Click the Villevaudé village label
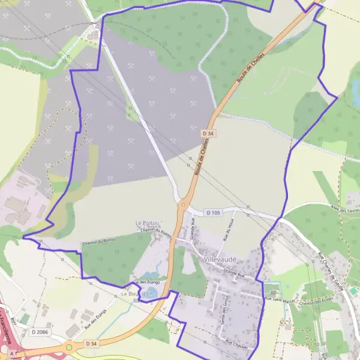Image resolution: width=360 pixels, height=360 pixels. click(x=220, y=259)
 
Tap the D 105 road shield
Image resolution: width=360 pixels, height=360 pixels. click(x=213, y=212)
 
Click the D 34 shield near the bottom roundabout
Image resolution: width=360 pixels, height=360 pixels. click(x=91, y=343)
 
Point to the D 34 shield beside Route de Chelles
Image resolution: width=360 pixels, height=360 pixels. click(x=208, y=133)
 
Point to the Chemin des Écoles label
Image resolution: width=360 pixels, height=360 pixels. click(x=311, y=303)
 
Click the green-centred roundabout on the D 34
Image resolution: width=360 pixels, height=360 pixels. click(x=69, y=347)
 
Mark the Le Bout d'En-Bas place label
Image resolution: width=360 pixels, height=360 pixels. click(x=138, y=294)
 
